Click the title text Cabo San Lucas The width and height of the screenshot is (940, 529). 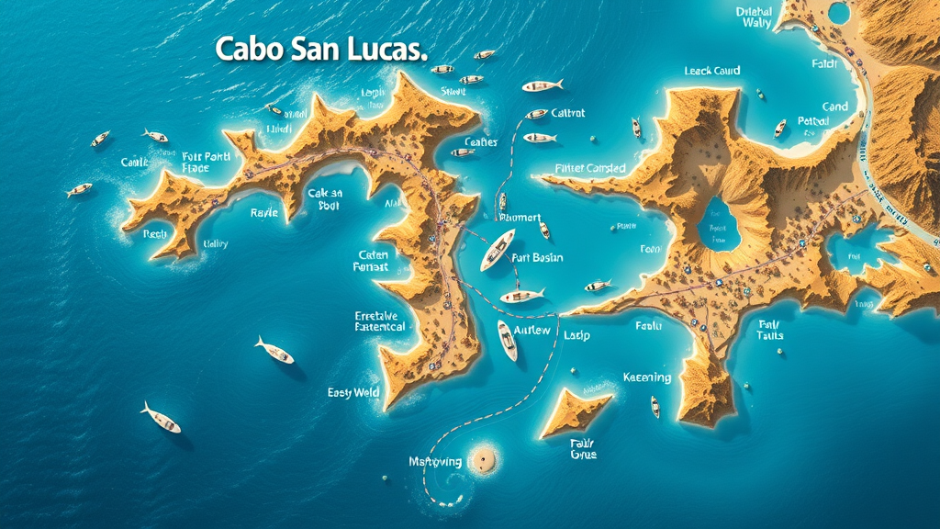[x=320, y=50]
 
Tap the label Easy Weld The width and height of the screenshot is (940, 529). [x=353, y=392]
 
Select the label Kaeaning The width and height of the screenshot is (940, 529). [x=647, y=377]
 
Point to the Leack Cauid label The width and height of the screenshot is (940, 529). [x=712, y=71]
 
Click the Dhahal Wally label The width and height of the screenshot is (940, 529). [x=754, y=17]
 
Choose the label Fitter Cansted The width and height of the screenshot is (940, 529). [x=590, y=168]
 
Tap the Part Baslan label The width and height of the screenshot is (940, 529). [x=537, y=258]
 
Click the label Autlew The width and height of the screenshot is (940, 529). [x=532, y=330]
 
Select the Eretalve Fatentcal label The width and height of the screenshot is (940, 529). [x=380, y=321]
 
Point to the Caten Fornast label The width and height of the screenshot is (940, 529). [x=371, y=261]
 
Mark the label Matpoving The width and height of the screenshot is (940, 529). [x=436, y=461]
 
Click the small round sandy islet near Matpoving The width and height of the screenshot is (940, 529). [x=485, y=458]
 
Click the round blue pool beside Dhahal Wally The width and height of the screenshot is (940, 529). [x=837, y=13]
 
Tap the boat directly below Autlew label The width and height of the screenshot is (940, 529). [x=507, y=340]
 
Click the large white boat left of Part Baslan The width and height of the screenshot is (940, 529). [x=498, y=250]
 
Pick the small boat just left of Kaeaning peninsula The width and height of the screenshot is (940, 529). [x=655, y=406]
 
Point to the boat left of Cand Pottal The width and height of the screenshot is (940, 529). [x=780, y=129]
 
